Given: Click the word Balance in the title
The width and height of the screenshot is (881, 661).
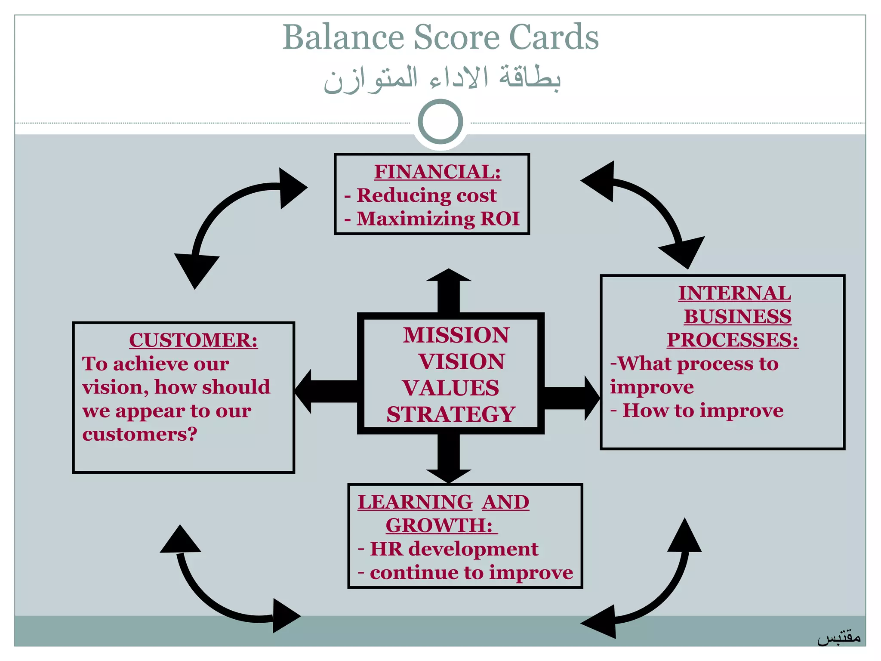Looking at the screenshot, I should (343, 37).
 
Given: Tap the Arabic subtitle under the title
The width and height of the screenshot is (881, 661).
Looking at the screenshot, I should (442, 79).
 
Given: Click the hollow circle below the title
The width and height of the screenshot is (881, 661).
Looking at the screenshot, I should (440, 122).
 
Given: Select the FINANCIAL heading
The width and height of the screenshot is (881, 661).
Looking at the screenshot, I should (437, 172).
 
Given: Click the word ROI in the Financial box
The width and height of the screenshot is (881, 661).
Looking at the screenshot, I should (500, 219).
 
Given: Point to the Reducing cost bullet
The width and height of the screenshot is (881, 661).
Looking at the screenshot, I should (426, 195).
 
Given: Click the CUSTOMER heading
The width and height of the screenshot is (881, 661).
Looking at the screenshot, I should (193, 340).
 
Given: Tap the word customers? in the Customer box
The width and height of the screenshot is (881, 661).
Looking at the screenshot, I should (140, 434).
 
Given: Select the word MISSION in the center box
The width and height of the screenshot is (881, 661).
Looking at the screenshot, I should (456, 335).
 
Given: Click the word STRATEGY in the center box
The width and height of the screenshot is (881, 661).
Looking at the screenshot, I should (451, 414).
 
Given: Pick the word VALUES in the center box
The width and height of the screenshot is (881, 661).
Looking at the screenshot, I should (451, 388).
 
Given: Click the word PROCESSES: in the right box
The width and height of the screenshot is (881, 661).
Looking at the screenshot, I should (733, 340).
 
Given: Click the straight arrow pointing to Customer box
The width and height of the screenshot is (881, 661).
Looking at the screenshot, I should (327, 392).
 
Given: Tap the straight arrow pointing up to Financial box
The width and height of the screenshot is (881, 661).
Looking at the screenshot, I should (449, 290).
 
